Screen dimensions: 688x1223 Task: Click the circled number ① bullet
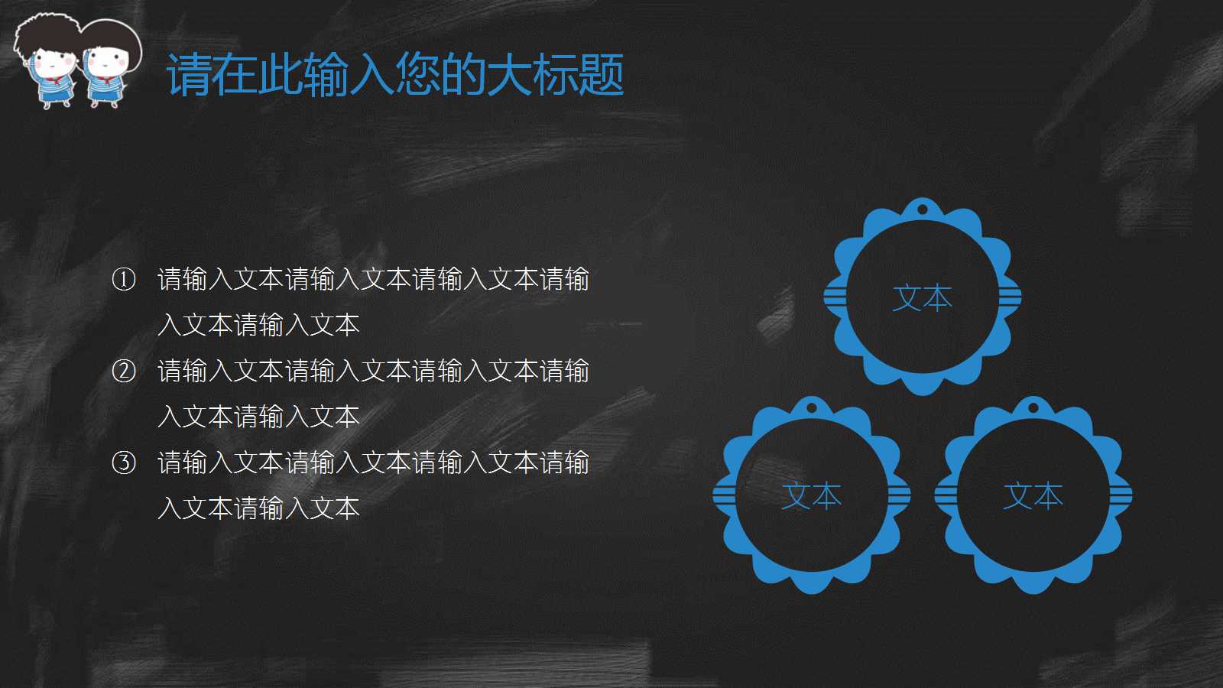pyautogui.click(x=124, y=280)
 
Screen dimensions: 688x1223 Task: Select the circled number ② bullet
pyautogui.click(x=124, y=372)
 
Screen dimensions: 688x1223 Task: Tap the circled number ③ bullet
pyautogui.click(x=124, y=462)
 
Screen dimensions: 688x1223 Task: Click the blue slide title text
pyautogui.click(x=395, y=75)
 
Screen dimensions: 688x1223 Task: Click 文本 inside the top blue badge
pyautogui.click(x=922, y=298)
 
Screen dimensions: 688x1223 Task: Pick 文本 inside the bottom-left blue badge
pyautogui.click(x=811, y=496)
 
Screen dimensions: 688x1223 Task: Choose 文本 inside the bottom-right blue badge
pyautogui.click(x=1033, y=496)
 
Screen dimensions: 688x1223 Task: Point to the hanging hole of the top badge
pyautogui.click(x=923, y=209)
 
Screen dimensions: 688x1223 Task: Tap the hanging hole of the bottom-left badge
pyautogui.click(x=812, y=407)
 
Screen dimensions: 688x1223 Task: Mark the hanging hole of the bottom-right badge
pyautogui.click(x=1033, y=407)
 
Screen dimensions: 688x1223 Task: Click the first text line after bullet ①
pyautogui.click(x=373, y=280)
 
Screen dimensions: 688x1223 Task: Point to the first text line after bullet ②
pyautogui.click(x=373, y=372)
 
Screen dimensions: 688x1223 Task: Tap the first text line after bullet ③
pyautogui.click(x=373, y=462)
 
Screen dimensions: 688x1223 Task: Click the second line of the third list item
pyautogui.click(x=258, y=508)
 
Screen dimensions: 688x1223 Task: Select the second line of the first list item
pyautogui.click(x=258, y=326)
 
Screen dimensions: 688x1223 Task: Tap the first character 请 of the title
pyautogui.click(x=189, y=75)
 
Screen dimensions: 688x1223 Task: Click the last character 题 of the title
pyautogui.click(x=602, y=75)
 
